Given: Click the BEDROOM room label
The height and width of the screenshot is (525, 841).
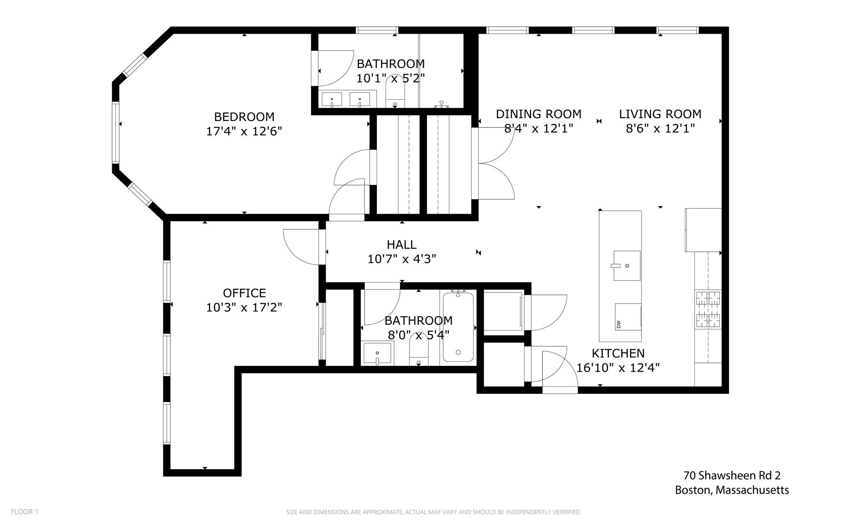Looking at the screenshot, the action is coord(244,117).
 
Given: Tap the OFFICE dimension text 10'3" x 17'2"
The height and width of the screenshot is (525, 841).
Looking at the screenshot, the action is coord(244,308).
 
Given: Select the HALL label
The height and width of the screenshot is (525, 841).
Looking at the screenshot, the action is coord(402,245).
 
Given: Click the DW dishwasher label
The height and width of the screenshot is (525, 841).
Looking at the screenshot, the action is coord(618,324).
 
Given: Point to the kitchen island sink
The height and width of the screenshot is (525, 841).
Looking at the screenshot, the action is coord(627,265).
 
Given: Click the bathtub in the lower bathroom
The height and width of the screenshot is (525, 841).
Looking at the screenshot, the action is coord(458,327).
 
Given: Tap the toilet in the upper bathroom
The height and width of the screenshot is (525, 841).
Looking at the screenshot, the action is coord(396,92).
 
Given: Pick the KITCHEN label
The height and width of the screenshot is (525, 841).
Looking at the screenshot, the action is coord(618,353).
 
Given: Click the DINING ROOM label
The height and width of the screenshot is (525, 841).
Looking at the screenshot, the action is coord(539,114).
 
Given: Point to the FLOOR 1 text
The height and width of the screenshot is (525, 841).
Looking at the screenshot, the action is coord(25,511).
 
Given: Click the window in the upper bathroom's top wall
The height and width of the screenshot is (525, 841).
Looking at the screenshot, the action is coord(377,30).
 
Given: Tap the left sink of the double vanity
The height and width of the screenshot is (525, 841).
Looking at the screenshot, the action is coord(332,99).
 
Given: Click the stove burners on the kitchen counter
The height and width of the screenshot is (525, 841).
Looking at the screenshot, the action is coord(708,309).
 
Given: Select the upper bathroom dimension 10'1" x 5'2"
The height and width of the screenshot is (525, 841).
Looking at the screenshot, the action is coord(391,78).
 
